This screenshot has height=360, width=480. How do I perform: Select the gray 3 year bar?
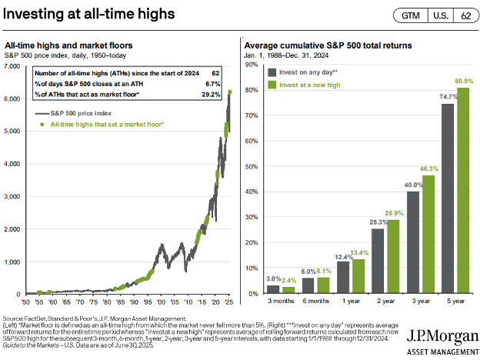(x=413, y=242)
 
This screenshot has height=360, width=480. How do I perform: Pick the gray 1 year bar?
(x=342, y=278)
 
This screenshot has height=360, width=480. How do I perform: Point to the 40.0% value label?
(x=413, y=185)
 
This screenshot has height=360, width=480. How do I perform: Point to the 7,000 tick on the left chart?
(x=14, y=67)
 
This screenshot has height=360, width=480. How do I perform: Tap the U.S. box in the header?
(x=440, y=15)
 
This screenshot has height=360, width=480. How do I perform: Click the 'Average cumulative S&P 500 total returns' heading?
(x=322, y=46)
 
